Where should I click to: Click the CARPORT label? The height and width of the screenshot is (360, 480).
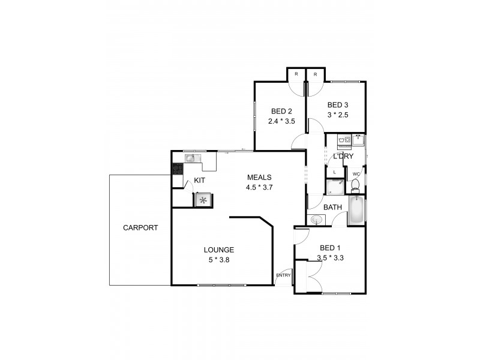(x=140, y=228)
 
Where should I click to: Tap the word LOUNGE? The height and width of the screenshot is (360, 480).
(x=218, y=250)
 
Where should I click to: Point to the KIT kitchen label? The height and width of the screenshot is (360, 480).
(x=200, y=180)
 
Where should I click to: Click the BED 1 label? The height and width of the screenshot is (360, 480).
(x=329, y=248)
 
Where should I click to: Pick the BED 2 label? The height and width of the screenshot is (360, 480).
(x=281, y=111)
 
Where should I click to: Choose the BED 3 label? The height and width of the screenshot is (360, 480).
(x=338, y=105)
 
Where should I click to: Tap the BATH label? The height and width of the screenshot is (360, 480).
(x=332, y=208)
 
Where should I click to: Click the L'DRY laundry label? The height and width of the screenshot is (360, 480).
(x=343, y=157)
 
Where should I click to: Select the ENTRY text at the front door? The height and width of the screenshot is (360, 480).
(x=283, y=276)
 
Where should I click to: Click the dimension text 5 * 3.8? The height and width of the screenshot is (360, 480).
(x=218, y=260)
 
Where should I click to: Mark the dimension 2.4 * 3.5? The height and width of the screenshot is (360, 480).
(x=281, y=121)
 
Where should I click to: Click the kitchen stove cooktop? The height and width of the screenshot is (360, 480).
(x=178, y=170)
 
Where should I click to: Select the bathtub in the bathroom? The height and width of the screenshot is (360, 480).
(x=356, y=211)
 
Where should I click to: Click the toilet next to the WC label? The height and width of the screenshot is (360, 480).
(x=355, y=184)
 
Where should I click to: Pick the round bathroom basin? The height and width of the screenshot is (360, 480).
(x=316, y=220)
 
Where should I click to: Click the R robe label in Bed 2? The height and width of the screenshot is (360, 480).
(x=296, y=75)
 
